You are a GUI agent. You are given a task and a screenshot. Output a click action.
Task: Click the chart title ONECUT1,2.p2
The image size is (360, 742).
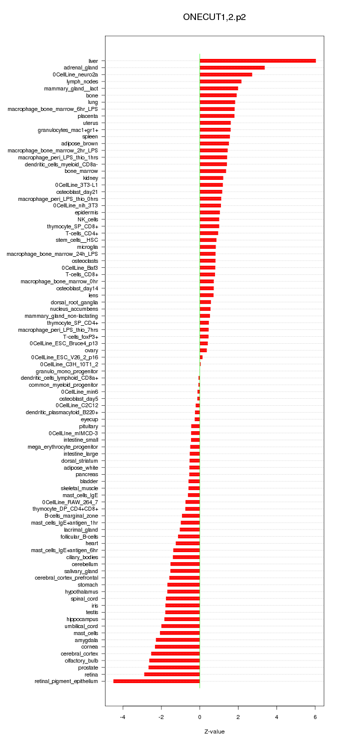tap(214, 17)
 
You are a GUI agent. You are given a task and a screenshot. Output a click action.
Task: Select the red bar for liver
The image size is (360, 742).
tap(257, 61)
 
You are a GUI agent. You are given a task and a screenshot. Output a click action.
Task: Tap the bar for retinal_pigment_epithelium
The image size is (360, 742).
tap(156, 681)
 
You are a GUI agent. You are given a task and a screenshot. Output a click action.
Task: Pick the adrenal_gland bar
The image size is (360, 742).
tap(232, 67)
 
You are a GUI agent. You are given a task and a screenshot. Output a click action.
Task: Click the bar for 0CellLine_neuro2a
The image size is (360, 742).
tap(225, 74)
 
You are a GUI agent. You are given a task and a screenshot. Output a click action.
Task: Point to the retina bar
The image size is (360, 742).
tap(172, 675)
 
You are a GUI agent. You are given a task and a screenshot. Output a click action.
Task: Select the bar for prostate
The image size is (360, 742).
tap(174, 668)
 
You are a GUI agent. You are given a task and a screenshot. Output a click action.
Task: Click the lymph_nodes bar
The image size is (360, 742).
tap(220, 81)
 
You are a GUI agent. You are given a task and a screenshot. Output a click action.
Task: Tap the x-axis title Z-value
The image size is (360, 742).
tap(214, 732)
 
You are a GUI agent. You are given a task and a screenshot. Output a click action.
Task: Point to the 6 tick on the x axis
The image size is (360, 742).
tap(315, 717)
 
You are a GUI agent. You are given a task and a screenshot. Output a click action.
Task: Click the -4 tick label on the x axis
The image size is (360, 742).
tap(122, 717)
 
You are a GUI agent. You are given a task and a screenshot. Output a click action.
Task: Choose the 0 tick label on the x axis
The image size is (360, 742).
tap(199, 717)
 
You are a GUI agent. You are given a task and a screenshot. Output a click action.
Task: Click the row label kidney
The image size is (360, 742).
tap(90, 178)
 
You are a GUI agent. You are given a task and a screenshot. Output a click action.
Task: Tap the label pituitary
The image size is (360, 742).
tap(88, 426)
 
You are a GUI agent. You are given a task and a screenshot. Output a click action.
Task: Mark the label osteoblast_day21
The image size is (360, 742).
tap(77, 192)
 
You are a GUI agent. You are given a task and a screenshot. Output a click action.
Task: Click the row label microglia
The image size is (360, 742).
tap(87, 247)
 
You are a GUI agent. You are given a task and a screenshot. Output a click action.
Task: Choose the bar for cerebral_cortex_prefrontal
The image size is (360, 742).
tap(184, 578)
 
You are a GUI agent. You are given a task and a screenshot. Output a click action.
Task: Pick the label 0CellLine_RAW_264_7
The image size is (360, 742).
tap(70, 502)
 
